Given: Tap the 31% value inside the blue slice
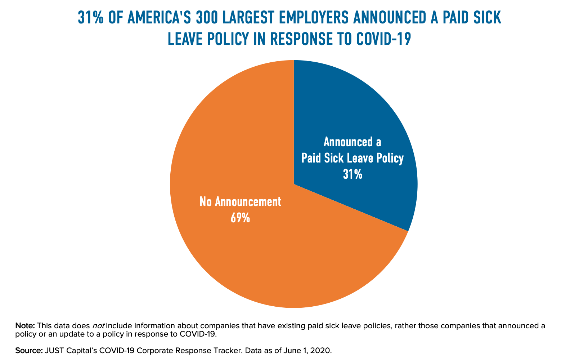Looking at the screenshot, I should pos(353,175).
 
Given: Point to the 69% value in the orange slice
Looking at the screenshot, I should pos(240,218).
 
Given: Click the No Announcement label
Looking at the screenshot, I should pos(240,202).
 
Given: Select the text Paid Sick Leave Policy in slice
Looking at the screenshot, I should pos(353,159).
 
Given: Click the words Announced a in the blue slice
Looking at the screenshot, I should pos(353,142).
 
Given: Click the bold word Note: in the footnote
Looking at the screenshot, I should pos(25,326).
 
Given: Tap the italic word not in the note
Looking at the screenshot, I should pos(98,326).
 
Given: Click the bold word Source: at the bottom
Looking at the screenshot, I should pos(29,351).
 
